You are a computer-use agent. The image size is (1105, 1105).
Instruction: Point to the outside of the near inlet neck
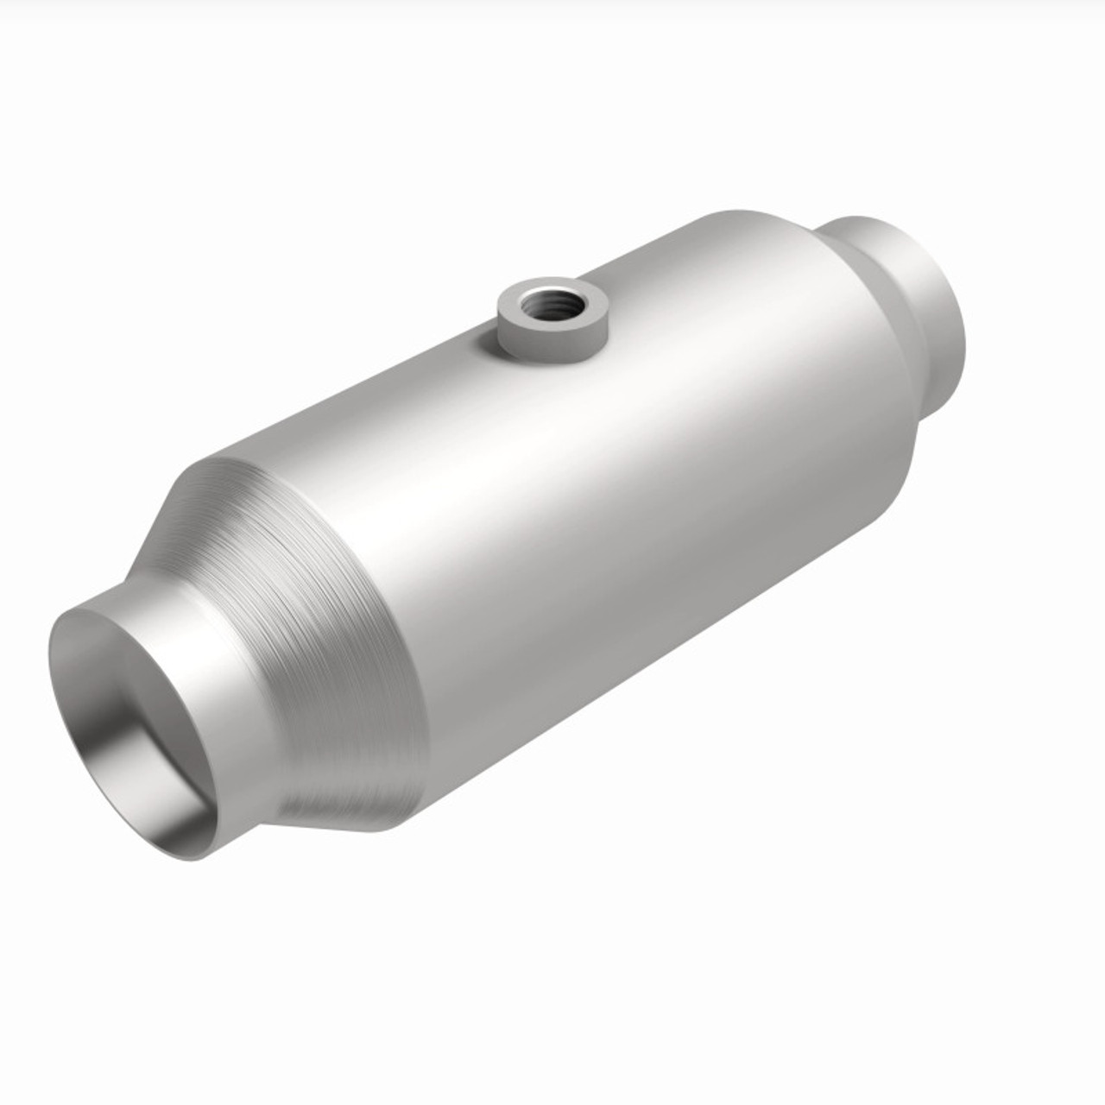pyautogui.click(x=233, y=691)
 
